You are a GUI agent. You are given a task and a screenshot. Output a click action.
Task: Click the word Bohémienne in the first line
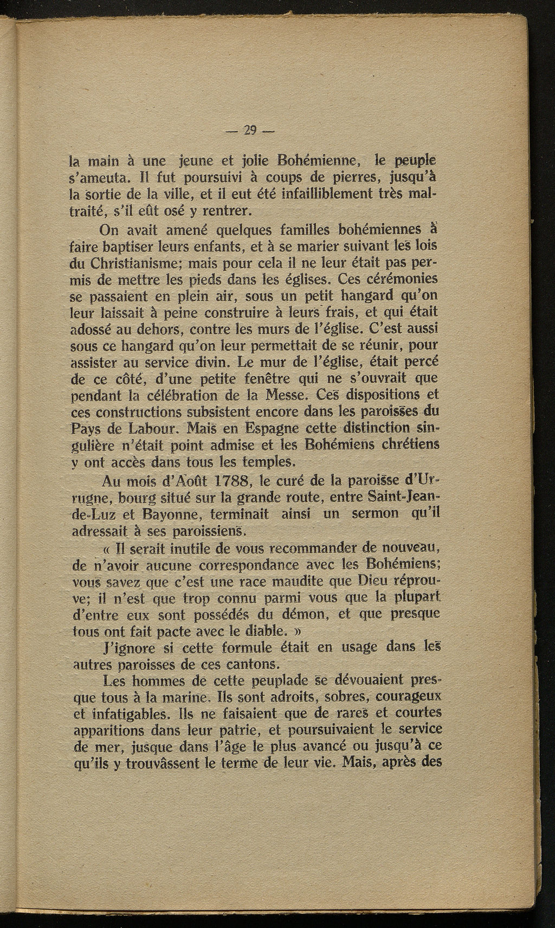pos(316,161)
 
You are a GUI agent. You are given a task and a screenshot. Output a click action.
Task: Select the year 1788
pos(223,481)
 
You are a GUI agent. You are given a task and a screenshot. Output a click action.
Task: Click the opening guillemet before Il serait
pos(105,549)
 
